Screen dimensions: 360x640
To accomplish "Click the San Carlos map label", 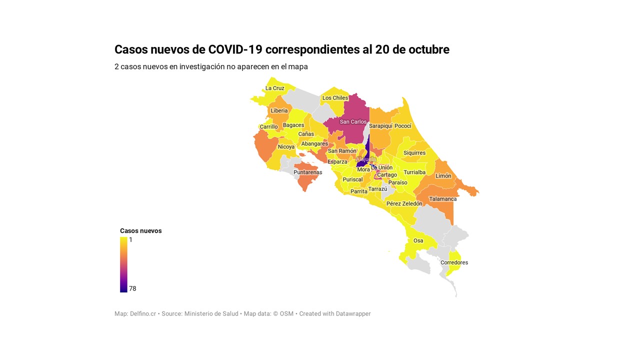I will [353, 122].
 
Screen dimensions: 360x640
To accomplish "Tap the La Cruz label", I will [274, 88].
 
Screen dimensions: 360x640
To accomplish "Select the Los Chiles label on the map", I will [335, 98].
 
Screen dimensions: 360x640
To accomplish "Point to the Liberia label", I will [279, 111].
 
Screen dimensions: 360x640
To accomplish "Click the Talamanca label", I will [442, 199].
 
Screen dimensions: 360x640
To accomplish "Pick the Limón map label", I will [443, 176].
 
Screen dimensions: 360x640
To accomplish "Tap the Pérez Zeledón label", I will [404, 204].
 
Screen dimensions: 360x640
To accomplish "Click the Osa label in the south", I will [418, 241].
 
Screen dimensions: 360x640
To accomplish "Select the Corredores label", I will [454, 263].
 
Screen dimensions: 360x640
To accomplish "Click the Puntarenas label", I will [307, 172].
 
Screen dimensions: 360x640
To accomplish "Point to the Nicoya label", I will [286, 147].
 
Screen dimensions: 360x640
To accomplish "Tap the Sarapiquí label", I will [380, 126].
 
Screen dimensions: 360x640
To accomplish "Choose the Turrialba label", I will [414, 172].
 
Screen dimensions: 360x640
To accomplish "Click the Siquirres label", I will [414, 153].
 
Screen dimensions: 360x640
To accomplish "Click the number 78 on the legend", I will [132, 289].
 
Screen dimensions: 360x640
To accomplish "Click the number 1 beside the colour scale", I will [130, 240].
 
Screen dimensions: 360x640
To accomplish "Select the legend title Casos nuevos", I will [140, 231].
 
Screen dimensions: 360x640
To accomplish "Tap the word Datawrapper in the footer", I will [353, 314].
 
